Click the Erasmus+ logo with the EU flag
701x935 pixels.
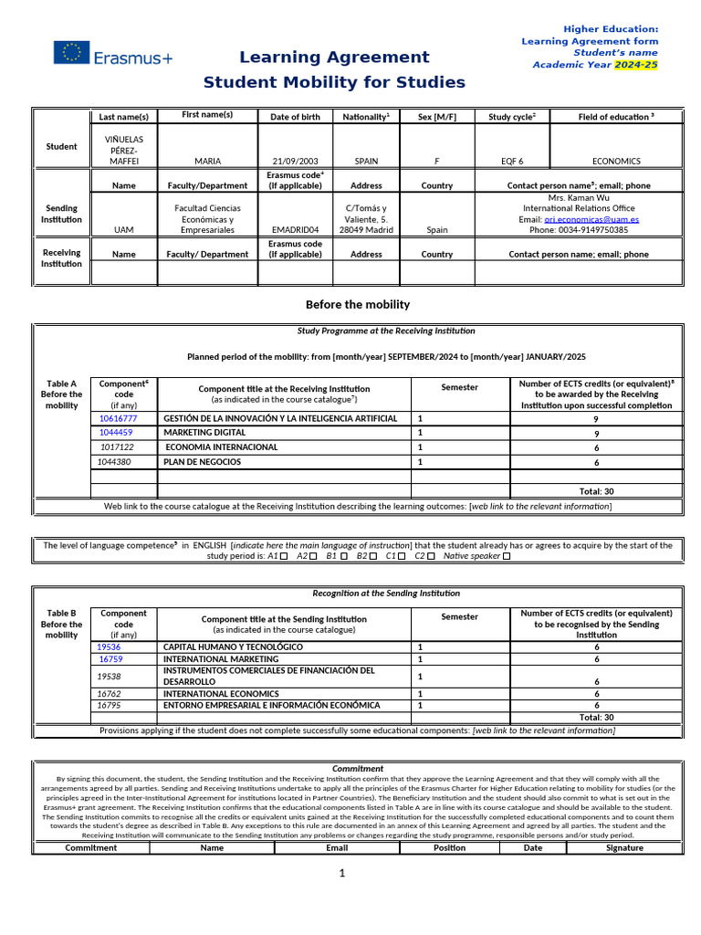pos(112,54)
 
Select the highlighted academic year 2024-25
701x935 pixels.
pos(635,65)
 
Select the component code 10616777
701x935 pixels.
pos(118,418)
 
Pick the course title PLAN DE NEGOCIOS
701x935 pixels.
pos(202,462)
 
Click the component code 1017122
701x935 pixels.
pos(117,447)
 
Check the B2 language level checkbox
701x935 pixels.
pos(375,556)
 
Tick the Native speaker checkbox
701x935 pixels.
pos(507,556)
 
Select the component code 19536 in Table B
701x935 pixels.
pos(109,646)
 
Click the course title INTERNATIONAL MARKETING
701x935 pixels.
pos(221,658)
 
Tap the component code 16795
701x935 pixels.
pos(110,705)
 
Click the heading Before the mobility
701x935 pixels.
pos(357,304)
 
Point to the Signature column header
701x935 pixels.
pos(624,847)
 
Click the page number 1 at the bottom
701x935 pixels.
pos(342,874)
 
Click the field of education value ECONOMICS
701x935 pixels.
pos(616,161)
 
